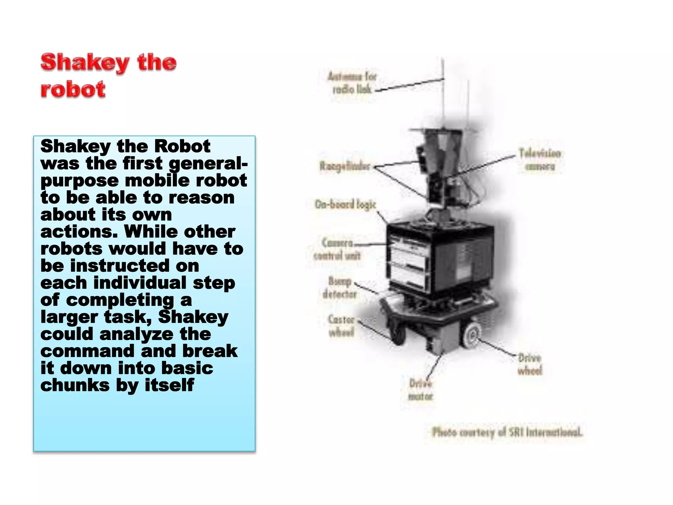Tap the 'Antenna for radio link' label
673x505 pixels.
coord(352,83)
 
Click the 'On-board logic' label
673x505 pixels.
coord(345,204)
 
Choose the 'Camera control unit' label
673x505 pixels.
coord(337,249)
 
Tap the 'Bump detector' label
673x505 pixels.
coord(340,288)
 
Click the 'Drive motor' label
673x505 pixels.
coord(421,390)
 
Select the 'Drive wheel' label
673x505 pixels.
coord(530,364)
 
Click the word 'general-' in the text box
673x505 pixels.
coord(208,163)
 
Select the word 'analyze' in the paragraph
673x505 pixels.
coord(136,334)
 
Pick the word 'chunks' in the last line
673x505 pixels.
coord(75,385)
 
